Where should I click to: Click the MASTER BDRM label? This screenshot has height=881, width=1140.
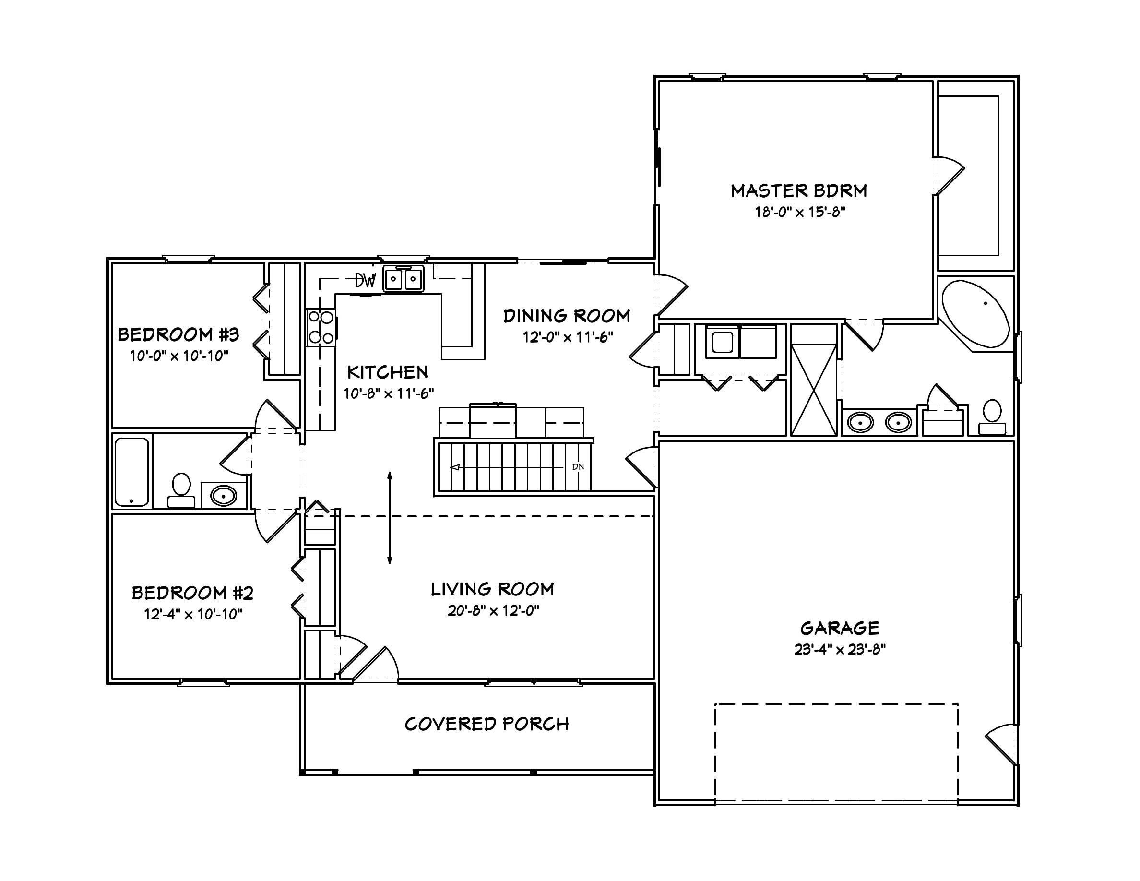799,191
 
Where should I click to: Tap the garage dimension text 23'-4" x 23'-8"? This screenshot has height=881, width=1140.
840,650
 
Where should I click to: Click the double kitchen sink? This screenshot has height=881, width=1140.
404,279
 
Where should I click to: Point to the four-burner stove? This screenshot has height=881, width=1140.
321,327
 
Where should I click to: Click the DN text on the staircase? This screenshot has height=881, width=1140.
578,467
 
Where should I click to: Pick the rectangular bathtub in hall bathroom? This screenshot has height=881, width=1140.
131,472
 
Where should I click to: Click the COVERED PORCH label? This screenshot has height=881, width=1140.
487,725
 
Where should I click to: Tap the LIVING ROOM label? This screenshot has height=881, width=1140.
492,589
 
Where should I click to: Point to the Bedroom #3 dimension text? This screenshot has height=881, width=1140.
179,357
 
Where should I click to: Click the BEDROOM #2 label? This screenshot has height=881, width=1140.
192,593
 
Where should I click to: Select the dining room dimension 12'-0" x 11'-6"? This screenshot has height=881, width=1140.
568,337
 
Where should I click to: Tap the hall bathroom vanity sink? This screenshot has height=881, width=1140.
224,495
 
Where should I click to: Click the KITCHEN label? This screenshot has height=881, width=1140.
387,372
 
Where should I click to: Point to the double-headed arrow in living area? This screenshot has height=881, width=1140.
390,518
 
